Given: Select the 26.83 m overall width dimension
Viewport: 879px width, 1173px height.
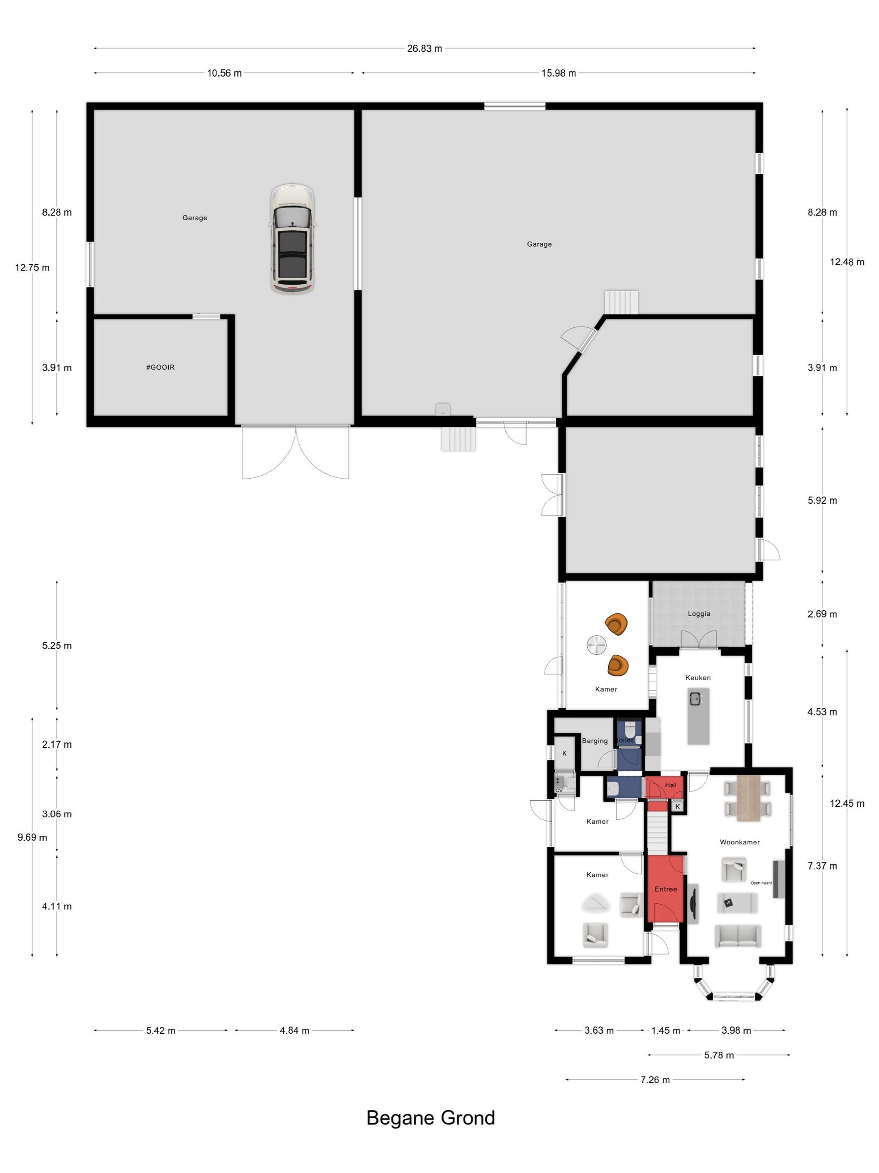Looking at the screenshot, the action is click(424, 48).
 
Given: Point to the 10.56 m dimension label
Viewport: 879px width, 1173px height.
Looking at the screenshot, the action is click(224, 73).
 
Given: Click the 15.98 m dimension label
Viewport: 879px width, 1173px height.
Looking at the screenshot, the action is click(558, 73).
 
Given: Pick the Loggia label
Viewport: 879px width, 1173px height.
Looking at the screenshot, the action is click(699, 613).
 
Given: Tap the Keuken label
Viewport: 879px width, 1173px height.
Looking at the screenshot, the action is click(698, 678).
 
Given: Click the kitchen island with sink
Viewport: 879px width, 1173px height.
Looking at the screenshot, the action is click(698, 716).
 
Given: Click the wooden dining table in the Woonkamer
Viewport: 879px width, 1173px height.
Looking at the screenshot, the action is click(748, 798).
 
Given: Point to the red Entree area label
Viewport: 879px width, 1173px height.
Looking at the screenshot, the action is click(665, 889).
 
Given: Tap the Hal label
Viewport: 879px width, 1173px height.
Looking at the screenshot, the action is click(670, 785).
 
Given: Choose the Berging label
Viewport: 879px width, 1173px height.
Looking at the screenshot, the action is click(595, 741).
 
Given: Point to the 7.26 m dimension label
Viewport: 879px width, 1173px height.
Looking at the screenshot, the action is click(655, 1080).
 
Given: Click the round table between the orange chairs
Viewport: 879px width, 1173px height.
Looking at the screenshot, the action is click(597, 645).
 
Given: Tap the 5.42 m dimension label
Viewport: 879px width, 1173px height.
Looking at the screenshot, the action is click(161, 1030).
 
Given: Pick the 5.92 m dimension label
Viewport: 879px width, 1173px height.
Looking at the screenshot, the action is click(822, 501).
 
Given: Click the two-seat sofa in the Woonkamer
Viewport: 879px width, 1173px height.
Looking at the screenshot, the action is click(737, 936).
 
